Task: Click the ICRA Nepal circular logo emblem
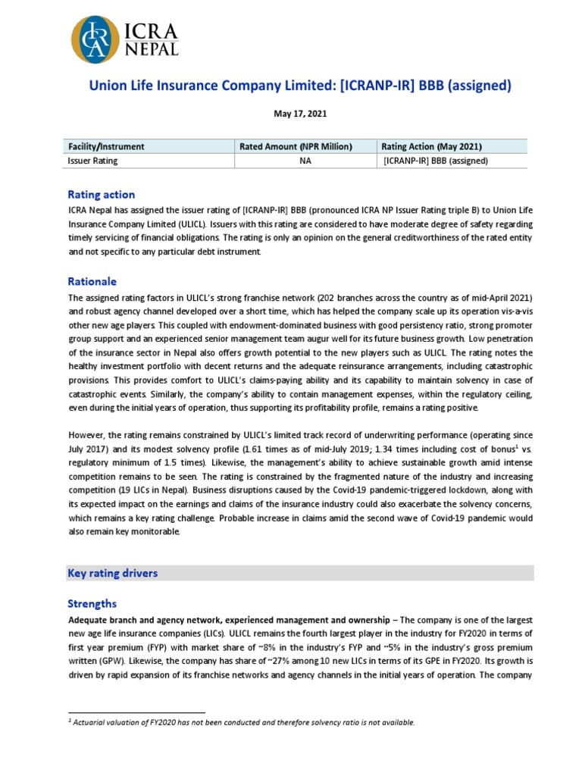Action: [95, 39]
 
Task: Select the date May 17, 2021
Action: [300, 114]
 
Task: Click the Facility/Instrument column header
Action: [106, 146]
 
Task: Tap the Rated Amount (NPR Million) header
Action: [296, 146]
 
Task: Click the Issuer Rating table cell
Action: [93, 161]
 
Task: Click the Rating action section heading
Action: [102, 195]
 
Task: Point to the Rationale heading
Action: [92, 281]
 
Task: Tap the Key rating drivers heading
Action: [113, 573]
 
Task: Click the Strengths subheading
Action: [92, 603]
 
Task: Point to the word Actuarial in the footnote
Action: [94, 722]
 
